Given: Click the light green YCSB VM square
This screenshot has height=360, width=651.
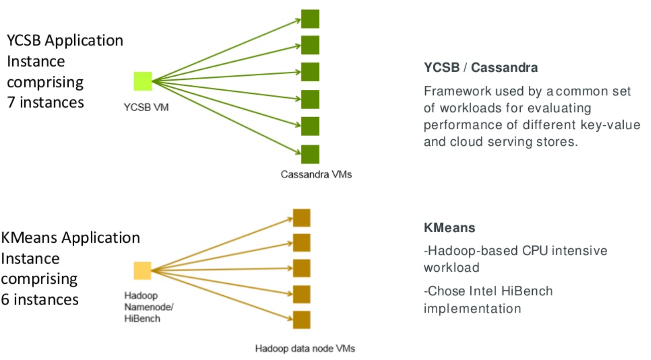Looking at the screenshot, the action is click(x=143, y=81).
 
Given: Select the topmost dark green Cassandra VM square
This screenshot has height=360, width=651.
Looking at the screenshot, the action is click(x=310, y=19).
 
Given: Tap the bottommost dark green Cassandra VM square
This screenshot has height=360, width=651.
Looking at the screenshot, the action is click(x=310, y=155).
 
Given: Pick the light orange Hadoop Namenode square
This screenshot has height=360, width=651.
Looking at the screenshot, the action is click(x=142, y=271).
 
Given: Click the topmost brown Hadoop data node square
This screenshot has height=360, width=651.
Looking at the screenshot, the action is click(x=302, y=218).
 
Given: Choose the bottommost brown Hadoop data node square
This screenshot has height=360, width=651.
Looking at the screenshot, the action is click(x=302, y=320).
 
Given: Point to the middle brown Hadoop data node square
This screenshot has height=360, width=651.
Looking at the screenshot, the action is click(x=302, y=268).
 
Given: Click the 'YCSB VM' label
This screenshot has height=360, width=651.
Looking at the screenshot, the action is click(x=146, y=107).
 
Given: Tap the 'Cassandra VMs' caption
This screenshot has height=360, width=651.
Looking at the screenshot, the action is click(x=316, y=174).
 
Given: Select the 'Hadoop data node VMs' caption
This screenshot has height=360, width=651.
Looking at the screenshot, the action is click(x=305, y=348).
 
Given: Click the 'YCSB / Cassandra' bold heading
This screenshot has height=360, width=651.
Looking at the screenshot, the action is click(x=481, y=68).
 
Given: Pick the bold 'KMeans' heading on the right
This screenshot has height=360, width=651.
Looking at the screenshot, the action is click(x=449, y=228).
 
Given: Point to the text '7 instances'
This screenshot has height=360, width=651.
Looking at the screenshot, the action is click(x=45, y=102).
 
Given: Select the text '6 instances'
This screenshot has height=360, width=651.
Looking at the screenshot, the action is click(x=40, y=299).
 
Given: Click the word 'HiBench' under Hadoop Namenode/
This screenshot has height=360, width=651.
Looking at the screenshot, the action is click(x=142, y=319).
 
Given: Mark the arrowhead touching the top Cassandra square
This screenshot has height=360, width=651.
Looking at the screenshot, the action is click(x=297, y=20).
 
